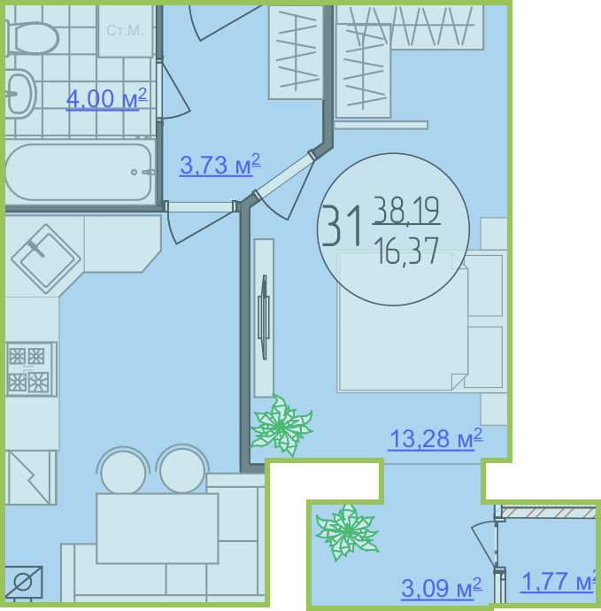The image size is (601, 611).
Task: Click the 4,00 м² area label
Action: point(106,99)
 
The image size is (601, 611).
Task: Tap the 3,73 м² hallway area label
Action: point(220,165)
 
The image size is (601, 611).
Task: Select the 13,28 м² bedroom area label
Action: point(435,439)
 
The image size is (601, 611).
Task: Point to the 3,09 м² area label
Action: point(442,588)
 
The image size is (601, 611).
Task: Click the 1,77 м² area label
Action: point(559,582)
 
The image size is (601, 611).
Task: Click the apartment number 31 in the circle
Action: point(341,226)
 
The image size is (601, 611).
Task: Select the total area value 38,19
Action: point(406,211)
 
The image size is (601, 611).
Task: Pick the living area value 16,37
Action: point(406,251)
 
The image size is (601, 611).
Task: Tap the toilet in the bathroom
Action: point(32,38)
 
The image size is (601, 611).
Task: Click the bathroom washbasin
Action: point(20,94)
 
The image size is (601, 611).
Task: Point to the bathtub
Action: point(80,173)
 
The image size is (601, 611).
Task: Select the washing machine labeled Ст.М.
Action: point(125,31)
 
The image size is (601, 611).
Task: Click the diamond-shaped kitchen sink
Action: point(46,259)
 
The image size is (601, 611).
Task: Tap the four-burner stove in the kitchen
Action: point(31,369)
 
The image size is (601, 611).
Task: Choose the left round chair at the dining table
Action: point(123,472)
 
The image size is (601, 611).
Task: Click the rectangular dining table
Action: point(158,529)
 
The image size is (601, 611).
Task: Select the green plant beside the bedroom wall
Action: point(281,426)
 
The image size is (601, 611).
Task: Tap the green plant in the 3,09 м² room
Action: point(347,531)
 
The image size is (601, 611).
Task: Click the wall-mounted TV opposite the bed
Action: point(264,318)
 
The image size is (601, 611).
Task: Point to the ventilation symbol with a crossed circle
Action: point(23,582)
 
